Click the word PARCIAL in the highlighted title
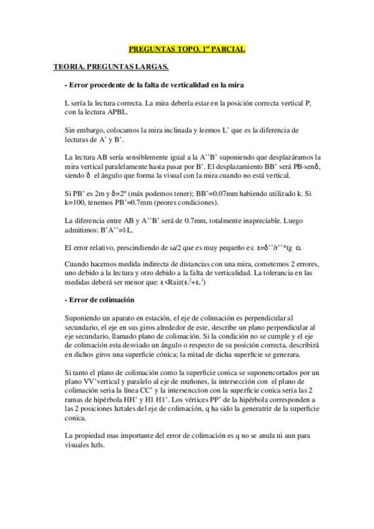[228, 48]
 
